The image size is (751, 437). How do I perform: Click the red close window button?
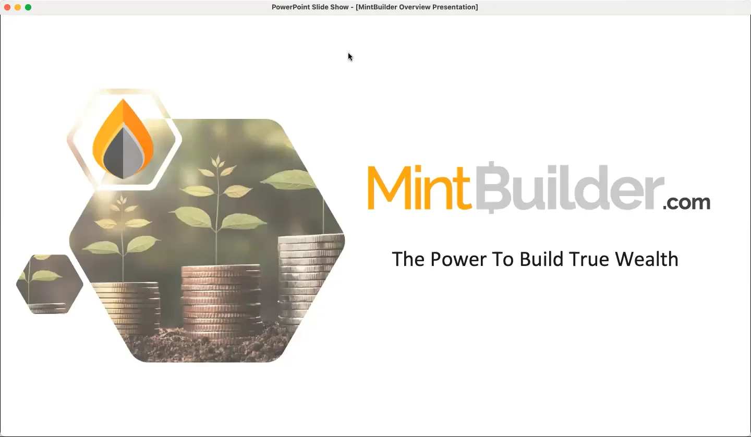(x=7, y=7)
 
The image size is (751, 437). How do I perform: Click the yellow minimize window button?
(x=18, y=7)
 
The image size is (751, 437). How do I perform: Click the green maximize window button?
(x=28, y=7)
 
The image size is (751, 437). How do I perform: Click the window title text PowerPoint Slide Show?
(x=310, y=7)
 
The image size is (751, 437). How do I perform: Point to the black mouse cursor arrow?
(x=350, y=56)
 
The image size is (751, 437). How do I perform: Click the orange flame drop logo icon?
(x=123, y=140)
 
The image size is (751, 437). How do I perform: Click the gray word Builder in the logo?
(x=568, y=188)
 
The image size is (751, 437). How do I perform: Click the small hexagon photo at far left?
(x=50, y=284)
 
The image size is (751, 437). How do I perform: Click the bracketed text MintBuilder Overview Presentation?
(x=417, y=7)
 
